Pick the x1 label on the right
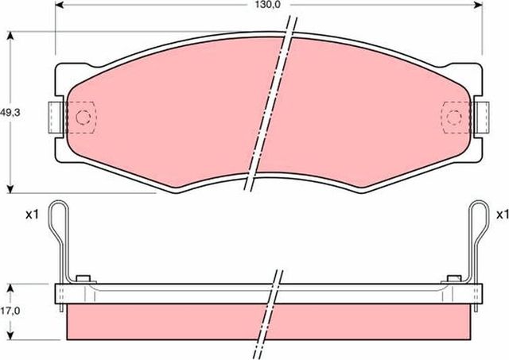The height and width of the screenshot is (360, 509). tap(502, 215)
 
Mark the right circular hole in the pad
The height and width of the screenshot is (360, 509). tap(454, 118)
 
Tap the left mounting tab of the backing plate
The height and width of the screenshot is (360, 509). tap(56, 117)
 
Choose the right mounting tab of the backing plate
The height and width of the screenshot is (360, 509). tap(480, 118)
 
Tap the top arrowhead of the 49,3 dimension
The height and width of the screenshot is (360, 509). tap(10, 37)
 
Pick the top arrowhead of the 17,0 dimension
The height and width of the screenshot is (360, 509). tap(10, 286)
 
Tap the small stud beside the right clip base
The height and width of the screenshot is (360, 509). tap(453, 277)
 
